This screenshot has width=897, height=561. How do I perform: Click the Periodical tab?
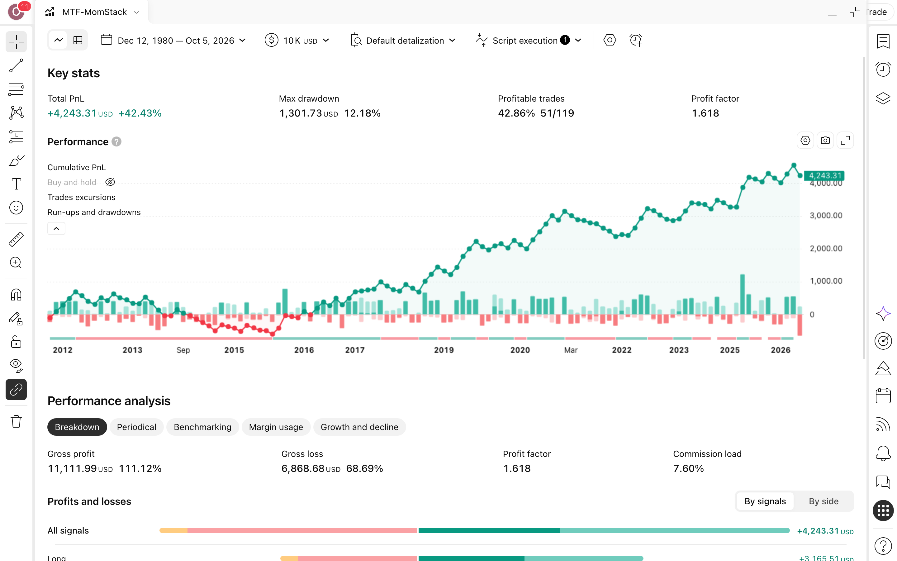tap(136, 427)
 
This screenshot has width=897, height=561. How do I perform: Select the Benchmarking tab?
tap(202, 427)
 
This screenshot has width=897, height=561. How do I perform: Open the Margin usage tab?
tap(276, 427)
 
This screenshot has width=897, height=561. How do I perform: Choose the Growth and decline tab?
tap(359, 427)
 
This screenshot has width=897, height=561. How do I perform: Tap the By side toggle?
tap(823, 501)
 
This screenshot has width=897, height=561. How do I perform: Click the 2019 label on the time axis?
tap(444, 350)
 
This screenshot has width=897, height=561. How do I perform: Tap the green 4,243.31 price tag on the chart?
tap(824, 175)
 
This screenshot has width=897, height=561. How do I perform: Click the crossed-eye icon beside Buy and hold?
tap(110, 182)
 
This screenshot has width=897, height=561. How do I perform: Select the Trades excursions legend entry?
tap(81, 197)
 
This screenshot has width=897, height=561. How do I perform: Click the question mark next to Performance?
tap(116, 142)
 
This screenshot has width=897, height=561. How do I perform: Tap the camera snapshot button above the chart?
tap(825, 141)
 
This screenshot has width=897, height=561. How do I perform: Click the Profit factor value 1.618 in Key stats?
tap(705, 113)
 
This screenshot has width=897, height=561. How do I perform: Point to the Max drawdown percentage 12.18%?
tap(362, 113)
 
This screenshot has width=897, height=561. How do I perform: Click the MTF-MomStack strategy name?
tap(94, 12)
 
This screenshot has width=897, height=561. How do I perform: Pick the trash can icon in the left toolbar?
tap(16, 421)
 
